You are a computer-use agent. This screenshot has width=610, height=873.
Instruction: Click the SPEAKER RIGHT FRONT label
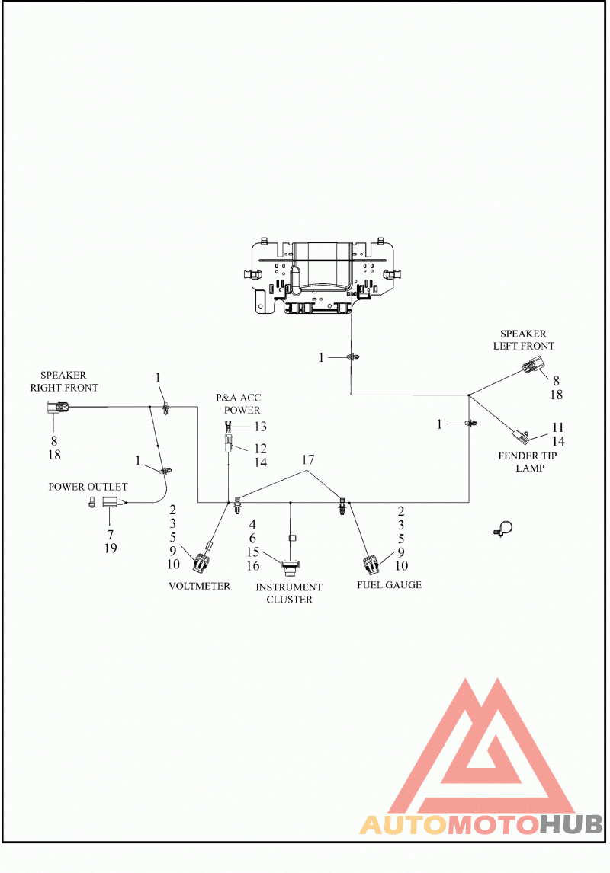point(63,382)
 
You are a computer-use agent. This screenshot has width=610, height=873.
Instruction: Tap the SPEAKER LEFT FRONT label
point(523,340)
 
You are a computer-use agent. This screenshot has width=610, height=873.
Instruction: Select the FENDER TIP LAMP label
point(528,462)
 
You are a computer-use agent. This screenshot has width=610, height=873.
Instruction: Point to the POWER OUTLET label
point(88,487)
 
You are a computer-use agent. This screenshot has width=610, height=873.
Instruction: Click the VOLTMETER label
point(200,586)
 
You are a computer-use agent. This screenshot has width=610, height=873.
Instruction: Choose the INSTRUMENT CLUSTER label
point(289,593)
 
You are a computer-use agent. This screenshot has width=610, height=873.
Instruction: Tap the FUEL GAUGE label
point(390,584)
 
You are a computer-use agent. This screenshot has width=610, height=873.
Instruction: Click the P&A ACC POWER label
point(239,404)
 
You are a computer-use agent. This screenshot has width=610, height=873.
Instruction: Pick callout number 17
point(308,460)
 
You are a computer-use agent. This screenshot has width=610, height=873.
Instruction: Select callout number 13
point(260,427)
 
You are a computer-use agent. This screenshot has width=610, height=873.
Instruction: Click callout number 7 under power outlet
point(111,535)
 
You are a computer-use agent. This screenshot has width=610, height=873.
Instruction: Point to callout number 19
point(111,548)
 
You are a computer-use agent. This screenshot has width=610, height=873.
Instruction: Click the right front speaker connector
point(57,408)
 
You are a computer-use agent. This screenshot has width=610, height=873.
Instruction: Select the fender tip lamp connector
point(520,435)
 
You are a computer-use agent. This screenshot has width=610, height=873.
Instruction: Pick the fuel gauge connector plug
point(371,564)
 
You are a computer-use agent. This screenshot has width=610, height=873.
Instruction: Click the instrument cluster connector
point(290,565)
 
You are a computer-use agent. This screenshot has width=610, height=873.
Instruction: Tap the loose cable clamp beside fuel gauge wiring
point(503,529)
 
